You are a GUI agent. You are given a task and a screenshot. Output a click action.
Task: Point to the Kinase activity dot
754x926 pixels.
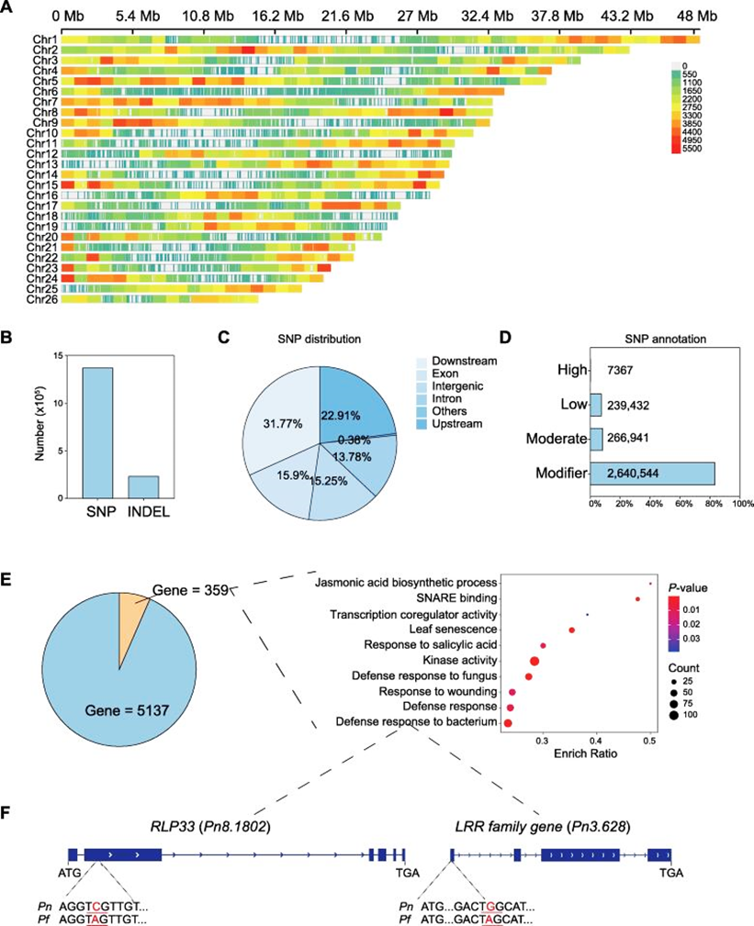tap(535, 660)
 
